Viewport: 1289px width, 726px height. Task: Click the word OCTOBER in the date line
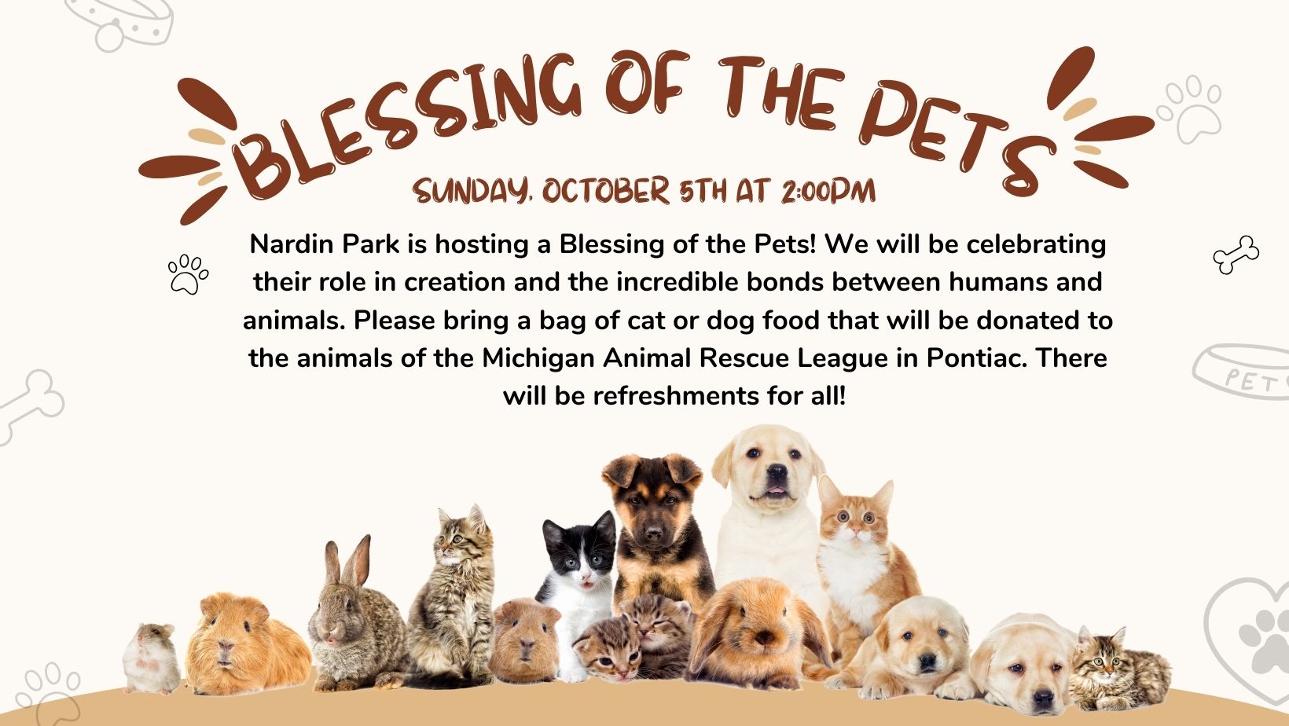pos(605,191)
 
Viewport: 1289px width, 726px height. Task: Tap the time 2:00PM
pos(828,191)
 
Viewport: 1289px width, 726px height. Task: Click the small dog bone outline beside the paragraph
pos(1236,255)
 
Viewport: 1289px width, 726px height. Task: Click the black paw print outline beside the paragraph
pos(188,273)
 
